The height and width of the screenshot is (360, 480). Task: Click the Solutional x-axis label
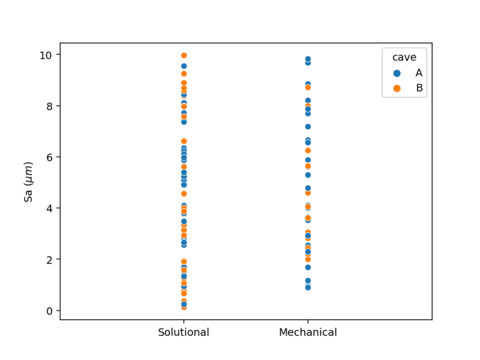184,332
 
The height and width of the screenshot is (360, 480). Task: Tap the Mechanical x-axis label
308,332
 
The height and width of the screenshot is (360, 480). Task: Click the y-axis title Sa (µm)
29,182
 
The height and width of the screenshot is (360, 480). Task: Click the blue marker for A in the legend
397,73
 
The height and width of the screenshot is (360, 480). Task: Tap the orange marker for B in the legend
397,88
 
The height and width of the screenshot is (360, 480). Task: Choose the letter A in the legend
419,73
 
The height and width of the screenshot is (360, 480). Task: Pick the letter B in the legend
419,88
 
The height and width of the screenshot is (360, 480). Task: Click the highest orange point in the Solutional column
184,56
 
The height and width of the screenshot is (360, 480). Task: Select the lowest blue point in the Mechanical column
308,287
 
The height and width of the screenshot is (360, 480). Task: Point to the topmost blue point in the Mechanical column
308,59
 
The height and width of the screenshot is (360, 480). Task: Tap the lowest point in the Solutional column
184,307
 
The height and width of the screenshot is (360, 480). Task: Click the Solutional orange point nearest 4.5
184,194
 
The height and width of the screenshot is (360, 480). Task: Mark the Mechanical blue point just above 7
308,127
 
